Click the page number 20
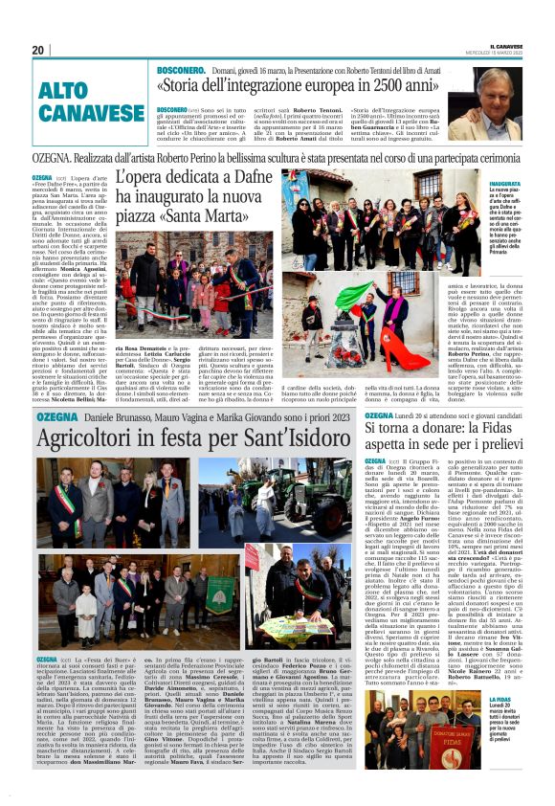(x=38, y=50)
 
